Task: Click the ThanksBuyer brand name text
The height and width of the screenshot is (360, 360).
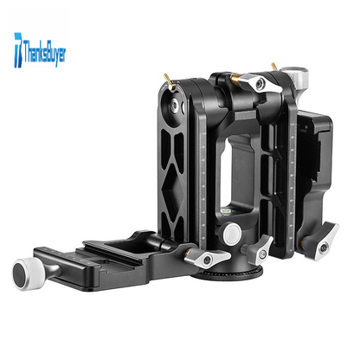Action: point(45,54)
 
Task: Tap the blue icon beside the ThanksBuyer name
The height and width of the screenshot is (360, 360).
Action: point(18,50)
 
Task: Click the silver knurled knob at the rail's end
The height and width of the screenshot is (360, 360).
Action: point(28,273)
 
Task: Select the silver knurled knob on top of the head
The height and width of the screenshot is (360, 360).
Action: point(295,76)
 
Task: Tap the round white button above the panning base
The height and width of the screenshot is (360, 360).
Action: point(232,233)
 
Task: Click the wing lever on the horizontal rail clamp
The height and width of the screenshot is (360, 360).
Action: point(207,257)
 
